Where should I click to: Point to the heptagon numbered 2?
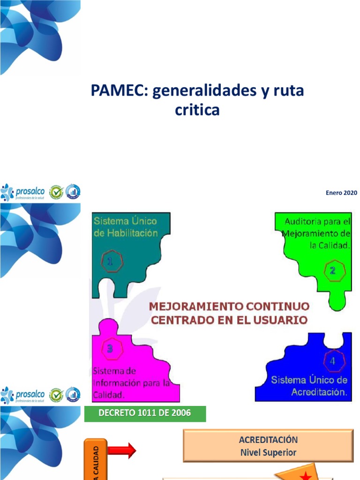pos(333,270)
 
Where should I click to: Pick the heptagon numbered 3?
pos(110,348)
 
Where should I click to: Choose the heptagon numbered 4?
pos(333,361)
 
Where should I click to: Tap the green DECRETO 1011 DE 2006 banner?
pos(145,414)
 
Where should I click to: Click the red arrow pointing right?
pos(122,451)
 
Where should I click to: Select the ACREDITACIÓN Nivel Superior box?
pos(268,446)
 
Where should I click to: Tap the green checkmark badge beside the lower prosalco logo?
pos(56,395)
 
